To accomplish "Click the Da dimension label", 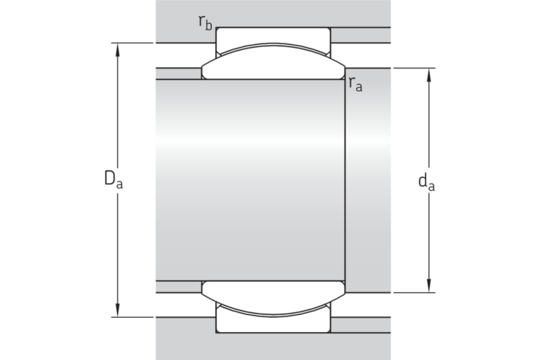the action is (x=114, y=179).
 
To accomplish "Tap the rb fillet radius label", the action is (x=205, y=23).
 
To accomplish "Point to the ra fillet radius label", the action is (x=356, y=84).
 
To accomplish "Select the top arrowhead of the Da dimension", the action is (x=118, y=49).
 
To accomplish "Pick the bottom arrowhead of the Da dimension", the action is (x=118, y=310).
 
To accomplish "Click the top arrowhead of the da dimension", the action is (x=429, y=75).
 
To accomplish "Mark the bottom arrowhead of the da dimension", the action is (x=429, y=286).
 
